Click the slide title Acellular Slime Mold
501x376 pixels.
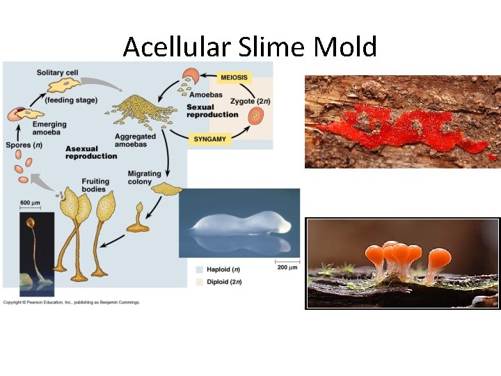pyautogui.click(x=250, y=47)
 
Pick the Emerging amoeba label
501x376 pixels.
pyautogui.click(x=29, y=129)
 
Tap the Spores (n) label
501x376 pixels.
pyautogui.click(x=23, y=146)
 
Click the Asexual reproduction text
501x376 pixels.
pyautogui.click(x=90, y=152)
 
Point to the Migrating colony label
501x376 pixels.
pyautogui.click(x=144, y=178)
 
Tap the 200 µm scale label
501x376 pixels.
pyautogui.click(x=287, y=267)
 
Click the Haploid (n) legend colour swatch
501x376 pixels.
pyautogui.click(x=200, y=268)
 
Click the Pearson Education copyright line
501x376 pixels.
pyautogui.click(x=71, y=302)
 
